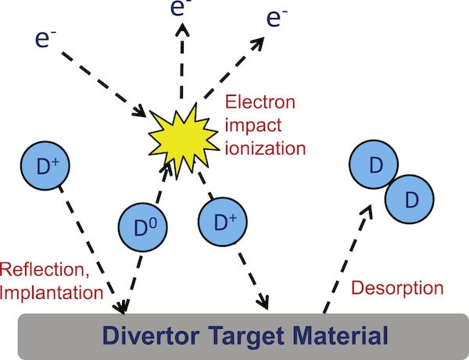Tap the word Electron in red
(260, 102)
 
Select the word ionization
(265, 148)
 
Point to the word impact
(253, 126)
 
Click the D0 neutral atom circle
(143, 227)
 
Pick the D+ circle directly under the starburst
(223, 221)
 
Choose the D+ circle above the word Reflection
(45, 166)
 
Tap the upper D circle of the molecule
(374, 165)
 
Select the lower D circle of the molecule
(410, 199)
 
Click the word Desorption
(397, 288)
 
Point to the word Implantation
(52, 293)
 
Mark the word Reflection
(45, 269)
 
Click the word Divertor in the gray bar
(151, 336)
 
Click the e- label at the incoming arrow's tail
(45, 39)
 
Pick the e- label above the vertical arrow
(181, 8)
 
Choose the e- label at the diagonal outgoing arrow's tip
(277, 19)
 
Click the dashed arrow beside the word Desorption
(348, 259)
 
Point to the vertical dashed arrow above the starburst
(182, 61)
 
